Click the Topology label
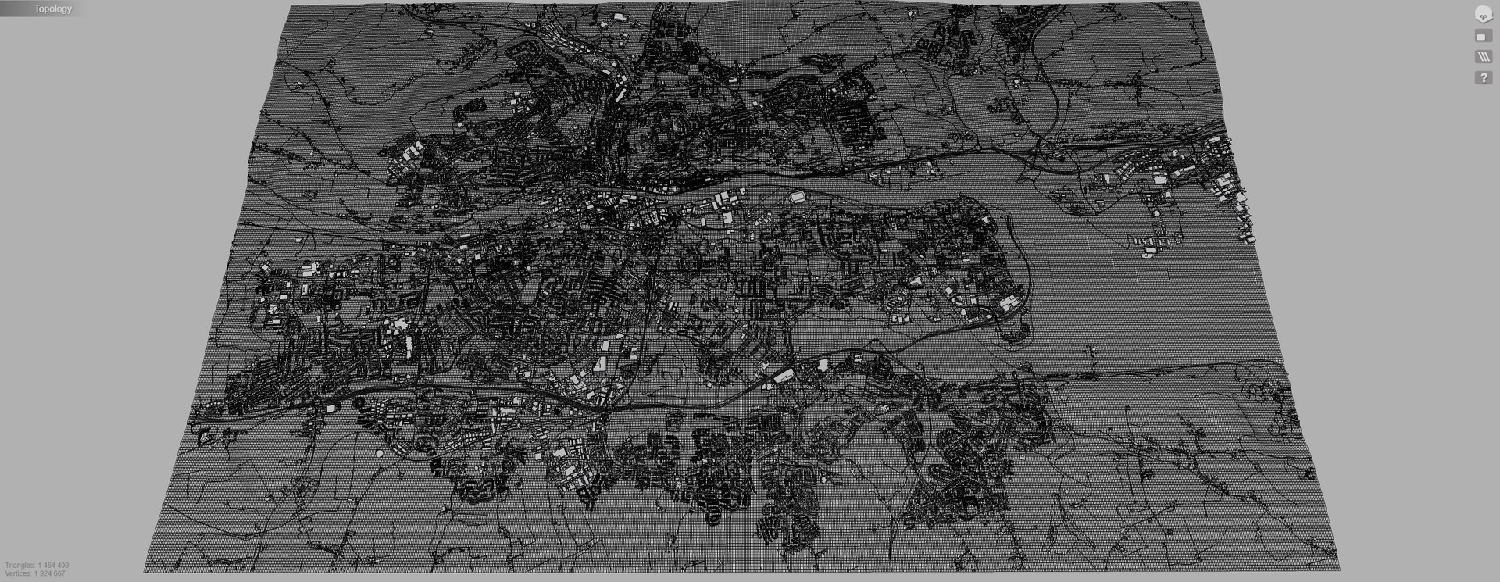point(52,9)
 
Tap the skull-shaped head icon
point(1482,15)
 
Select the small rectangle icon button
point(1482,37)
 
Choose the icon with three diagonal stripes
point(1482,57)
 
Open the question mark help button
point(1482,78)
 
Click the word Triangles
point(20,565)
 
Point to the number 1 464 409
point(53,565)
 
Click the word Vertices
point(18,573)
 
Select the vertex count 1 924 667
point(50,573)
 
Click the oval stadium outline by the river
point(798,198)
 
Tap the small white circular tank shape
point(380,453)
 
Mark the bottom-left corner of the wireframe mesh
point(145,571)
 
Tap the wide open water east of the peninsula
point(1133,297)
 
